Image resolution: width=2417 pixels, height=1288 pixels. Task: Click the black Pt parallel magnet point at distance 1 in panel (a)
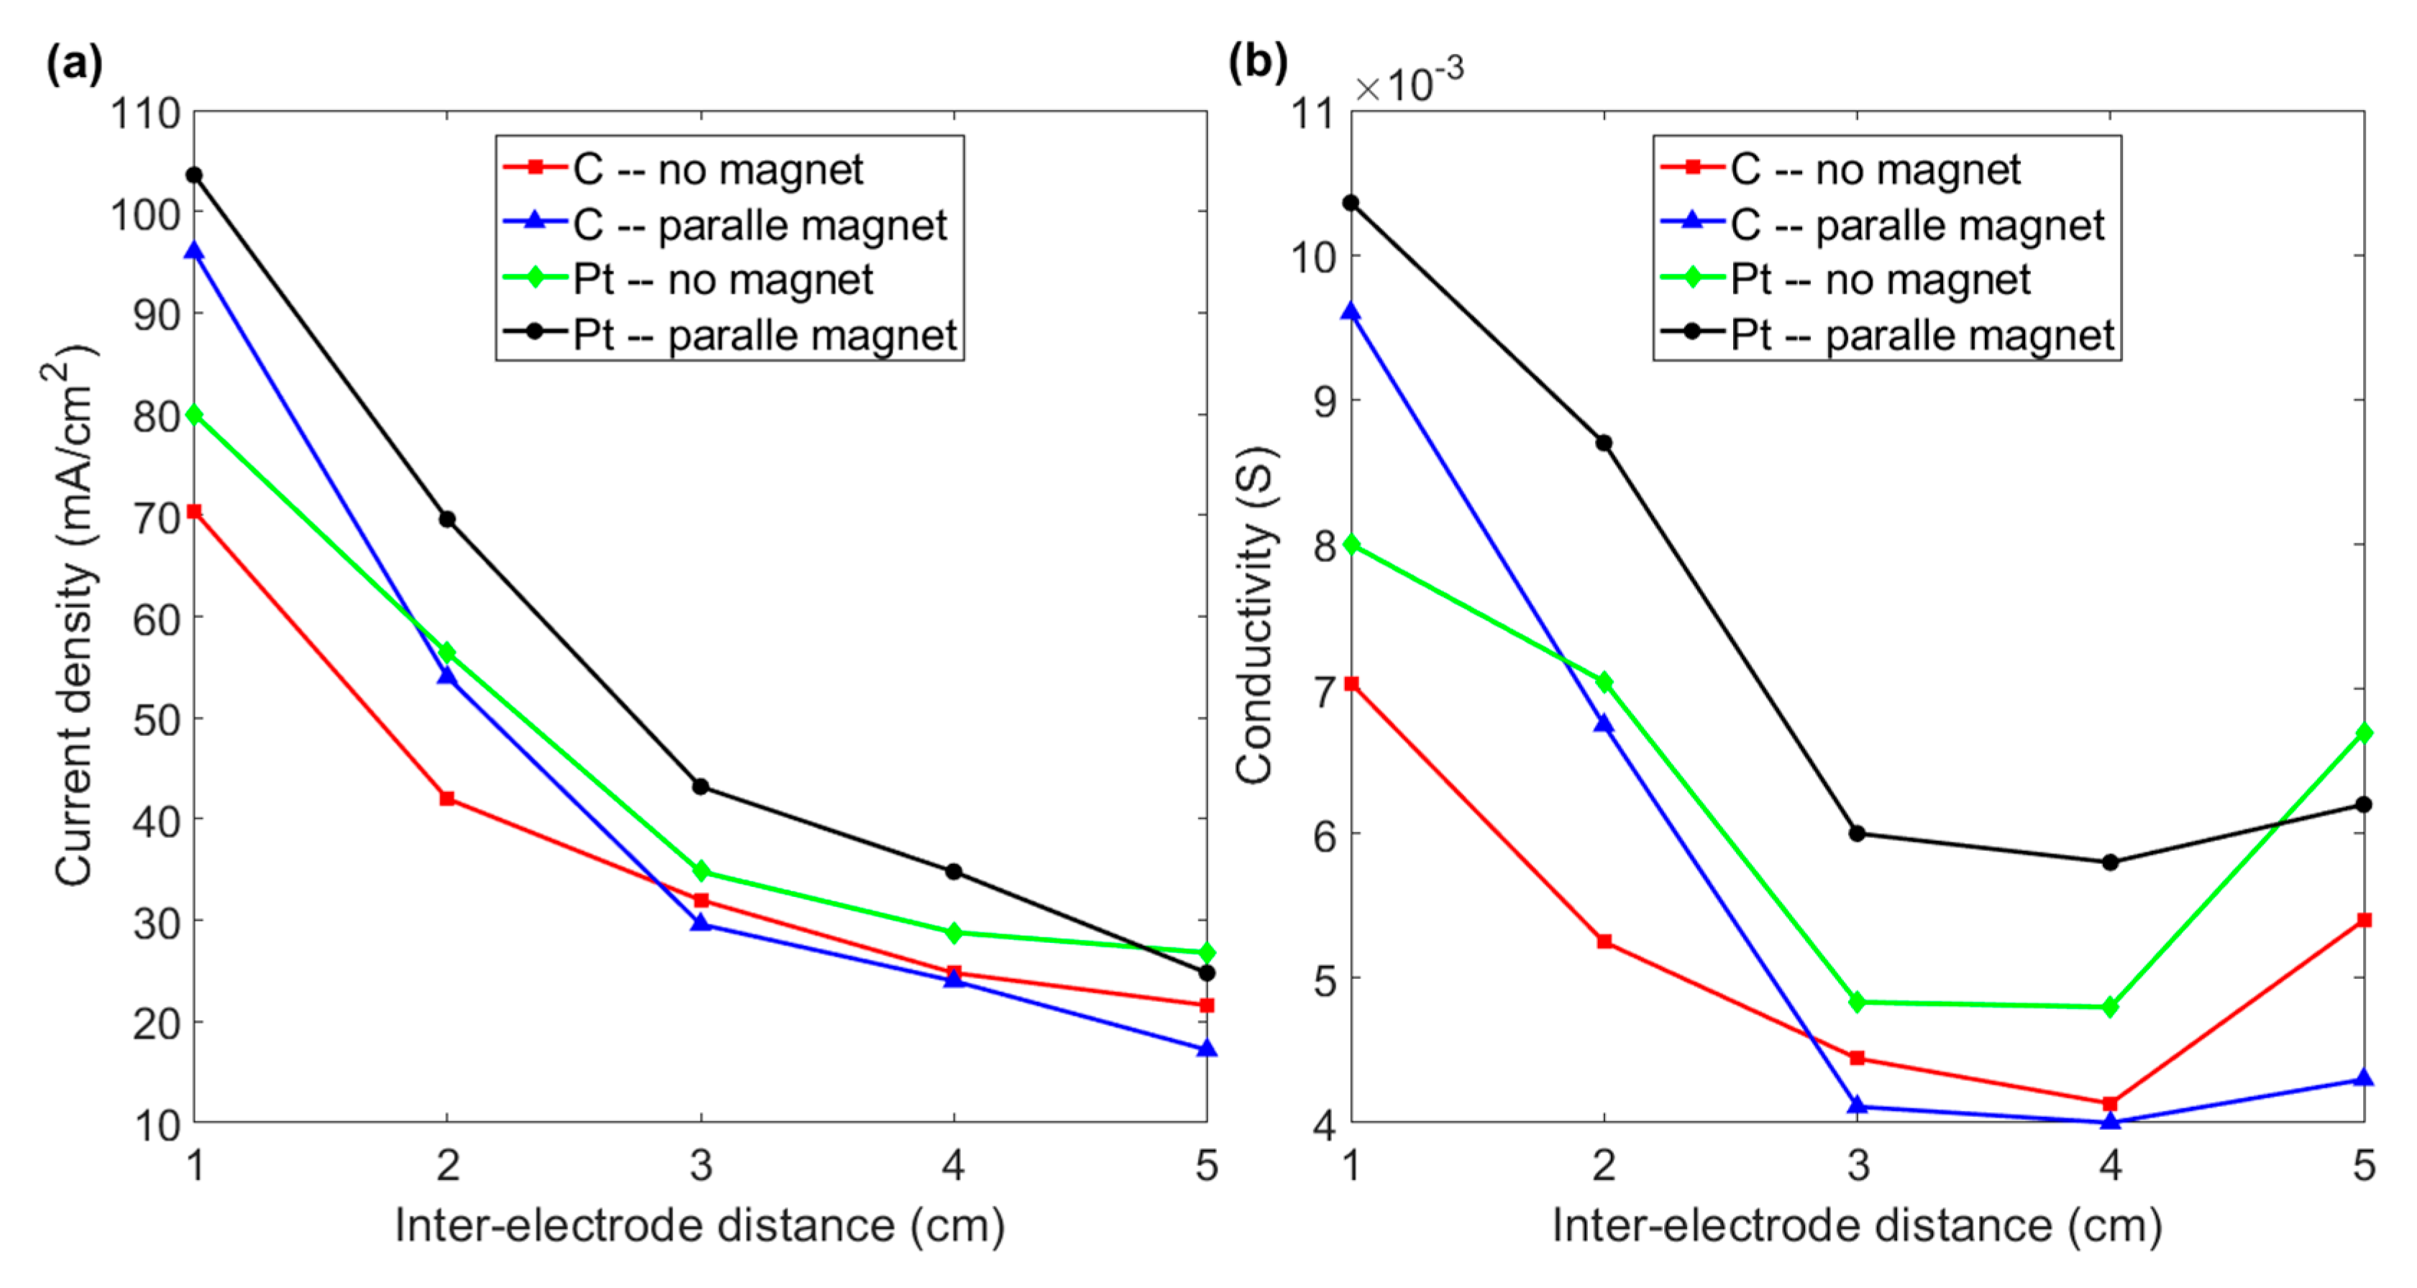194,175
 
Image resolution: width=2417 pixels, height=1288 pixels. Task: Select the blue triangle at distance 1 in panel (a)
194,252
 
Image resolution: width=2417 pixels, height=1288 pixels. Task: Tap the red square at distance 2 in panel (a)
447,799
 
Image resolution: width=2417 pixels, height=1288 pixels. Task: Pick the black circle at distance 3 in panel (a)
701,786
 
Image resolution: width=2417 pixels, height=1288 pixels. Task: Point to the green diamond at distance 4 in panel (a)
954,932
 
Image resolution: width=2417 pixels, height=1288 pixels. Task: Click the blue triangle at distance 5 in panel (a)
1207,1049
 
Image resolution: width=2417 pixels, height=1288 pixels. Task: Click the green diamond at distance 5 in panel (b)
2364,732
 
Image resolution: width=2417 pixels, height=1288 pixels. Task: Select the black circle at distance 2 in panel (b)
1604,443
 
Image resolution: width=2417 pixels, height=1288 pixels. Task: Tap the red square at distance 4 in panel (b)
2110,1103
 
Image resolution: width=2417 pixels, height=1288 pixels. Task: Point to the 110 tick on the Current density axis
145,114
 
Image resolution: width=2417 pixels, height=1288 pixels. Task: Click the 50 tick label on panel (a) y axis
156,720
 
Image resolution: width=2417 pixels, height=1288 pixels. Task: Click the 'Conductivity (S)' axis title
1254,615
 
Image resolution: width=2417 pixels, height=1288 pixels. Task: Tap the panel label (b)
1257,63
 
